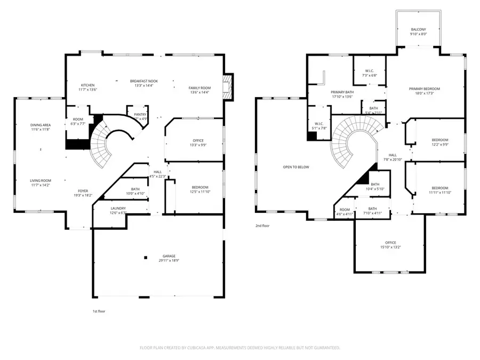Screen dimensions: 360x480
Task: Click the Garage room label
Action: click(169, 256)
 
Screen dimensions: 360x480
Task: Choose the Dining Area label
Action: click(41, 125)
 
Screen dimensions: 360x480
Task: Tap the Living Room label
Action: click(40, 181)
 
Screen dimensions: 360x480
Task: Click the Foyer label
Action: click(83, 191)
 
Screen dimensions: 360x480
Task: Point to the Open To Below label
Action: click(296, 167)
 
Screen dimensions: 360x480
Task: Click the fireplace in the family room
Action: click(228, 86)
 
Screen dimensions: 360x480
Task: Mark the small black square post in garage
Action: click(145, 258)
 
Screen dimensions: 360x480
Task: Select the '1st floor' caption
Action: click(99, 311)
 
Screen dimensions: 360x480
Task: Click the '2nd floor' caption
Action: click(262, 226)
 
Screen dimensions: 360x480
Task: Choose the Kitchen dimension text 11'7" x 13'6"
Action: click(88, 90)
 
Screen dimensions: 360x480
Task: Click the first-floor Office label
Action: click(198, 141)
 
